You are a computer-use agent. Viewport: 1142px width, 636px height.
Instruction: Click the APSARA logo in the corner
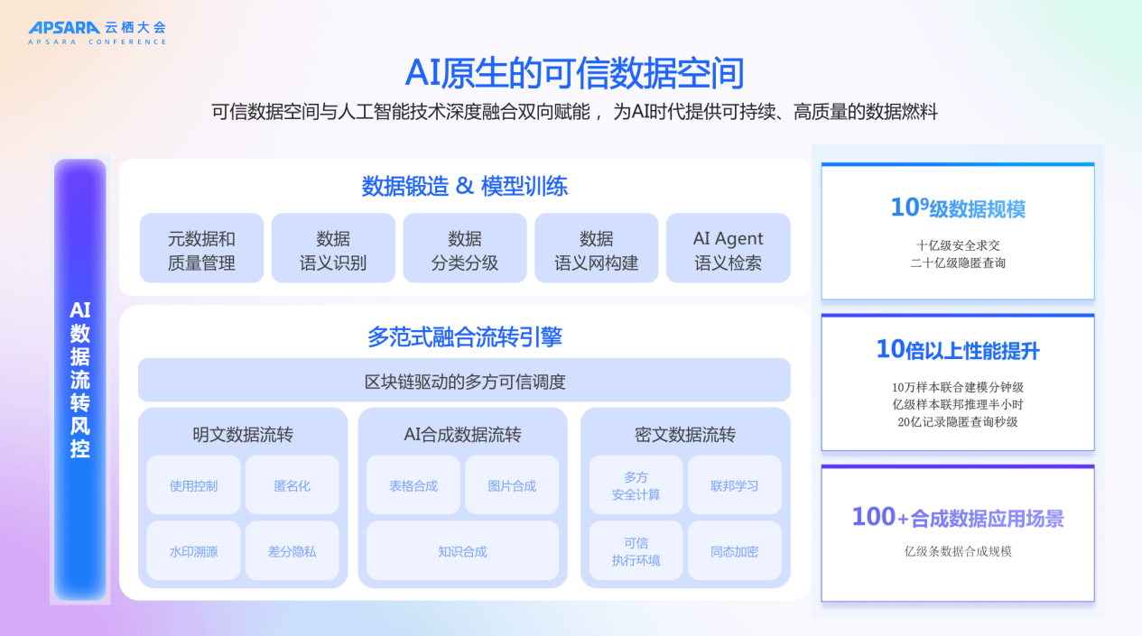pos(97,32)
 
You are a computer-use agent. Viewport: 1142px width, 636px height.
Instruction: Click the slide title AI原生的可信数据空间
pos(574,73)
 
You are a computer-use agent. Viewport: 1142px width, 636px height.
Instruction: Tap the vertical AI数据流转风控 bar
pos(80,379)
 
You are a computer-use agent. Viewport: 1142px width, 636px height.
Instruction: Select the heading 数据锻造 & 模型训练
pos(464,187)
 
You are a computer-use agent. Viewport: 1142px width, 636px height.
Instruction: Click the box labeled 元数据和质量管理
pos(201,250)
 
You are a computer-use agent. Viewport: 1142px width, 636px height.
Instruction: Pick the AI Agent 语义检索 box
pos(728,250)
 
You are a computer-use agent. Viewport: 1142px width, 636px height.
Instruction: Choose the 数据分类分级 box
pos(464,250)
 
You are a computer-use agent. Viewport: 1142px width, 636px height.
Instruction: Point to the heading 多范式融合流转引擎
pos(464,337)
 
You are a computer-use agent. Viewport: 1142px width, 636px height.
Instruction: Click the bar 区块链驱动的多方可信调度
pos(464,381)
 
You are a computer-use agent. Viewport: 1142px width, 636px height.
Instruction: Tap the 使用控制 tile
pos(193,485)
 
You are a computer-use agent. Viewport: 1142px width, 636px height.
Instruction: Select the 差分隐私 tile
pos(292,551)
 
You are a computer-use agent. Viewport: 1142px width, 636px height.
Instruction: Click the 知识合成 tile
pos(462,551)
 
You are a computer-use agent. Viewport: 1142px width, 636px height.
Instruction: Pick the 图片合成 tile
pos(512,485)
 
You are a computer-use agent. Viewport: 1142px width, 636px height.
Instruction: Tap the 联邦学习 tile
pos(734,485)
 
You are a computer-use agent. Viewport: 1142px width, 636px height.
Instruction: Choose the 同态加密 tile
pos(734,551)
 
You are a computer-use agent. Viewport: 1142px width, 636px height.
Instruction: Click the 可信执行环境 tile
pos(636,551)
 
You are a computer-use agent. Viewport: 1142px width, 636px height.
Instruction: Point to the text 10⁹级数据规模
pos(958,208)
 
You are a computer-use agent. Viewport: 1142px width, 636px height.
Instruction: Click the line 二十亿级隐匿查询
pos(958,263)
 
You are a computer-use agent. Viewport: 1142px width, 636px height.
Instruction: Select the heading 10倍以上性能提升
pos(958,350)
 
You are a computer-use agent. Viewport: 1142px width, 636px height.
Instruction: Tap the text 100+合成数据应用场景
pos(958,518)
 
